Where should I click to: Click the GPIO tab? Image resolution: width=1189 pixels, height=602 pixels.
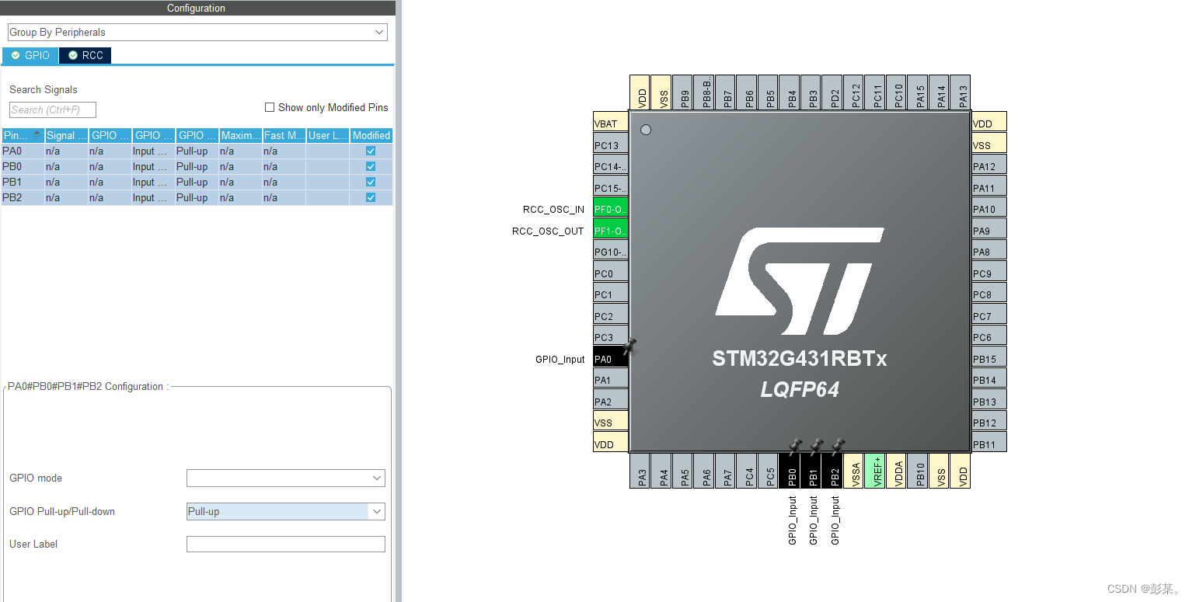[30, 55]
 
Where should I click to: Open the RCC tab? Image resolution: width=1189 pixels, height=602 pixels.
[85, 55]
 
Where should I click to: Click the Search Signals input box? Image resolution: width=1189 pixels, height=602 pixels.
[53, 110]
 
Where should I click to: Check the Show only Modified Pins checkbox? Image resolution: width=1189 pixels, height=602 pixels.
[270, 107]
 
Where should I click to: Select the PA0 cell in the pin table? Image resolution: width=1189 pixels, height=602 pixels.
[22, 151]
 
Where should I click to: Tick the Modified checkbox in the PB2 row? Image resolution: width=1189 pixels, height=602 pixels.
[371, 197]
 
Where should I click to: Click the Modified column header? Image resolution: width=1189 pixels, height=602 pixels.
[371, 135]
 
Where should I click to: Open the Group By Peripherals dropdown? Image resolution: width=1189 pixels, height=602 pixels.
[197, 32]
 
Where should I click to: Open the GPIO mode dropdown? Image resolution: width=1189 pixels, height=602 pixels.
[285, 478]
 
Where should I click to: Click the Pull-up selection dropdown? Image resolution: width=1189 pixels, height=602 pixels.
[285, 511]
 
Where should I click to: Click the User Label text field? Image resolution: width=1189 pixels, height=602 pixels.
[285, 544]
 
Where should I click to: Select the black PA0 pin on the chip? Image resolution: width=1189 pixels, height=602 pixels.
[610, 359]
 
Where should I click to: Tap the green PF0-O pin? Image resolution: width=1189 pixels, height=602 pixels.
[610, 209]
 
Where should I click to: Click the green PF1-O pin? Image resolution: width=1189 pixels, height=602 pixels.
[610, 231]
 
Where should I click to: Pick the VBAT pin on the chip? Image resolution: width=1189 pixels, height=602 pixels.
[610, 124]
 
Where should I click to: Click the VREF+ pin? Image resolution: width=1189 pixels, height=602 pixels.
[875, 471]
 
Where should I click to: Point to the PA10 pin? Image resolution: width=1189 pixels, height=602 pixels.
[989, 209]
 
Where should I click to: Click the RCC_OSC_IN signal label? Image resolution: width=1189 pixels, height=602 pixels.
[553, 210]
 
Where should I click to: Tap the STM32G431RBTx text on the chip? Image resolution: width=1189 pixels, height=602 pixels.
[799, 359]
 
